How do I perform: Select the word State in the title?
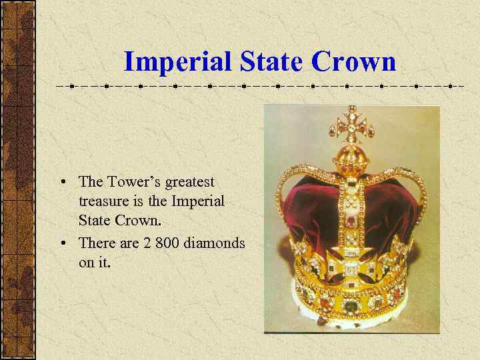267,63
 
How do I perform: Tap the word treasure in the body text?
101,201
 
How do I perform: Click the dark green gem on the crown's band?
351,306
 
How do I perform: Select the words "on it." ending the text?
95,263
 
